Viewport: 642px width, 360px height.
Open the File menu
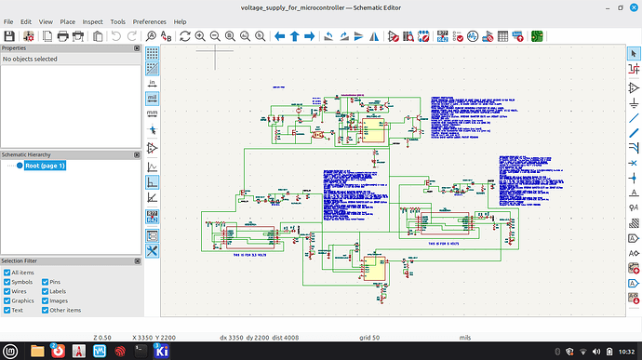tap(9, 20)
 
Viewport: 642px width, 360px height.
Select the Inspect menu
tap(92, 20)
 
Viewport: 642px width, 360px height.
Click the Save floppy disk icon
tap(9, 36)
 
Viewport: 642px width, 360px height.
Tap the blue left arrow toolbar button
tap(279, 36)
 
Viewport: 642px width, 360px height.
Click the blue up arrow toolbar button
tap(295, 36)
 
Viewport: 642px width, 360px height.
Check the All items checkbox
tap(7, 272)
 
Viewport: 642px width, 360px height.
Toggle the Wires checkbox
tap(7, 290)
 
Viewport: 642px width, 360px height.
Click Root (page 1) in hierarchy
tap(46, 166)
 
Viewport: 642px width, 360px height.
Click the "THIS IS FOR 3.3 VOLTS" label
tap(248, 253)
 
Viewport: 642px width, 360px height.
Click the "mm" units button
tap(153, 113)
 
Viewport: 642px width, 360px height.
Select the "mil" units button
tap(153, 97)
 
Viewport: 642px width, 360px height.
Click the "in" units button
tap(153, 82)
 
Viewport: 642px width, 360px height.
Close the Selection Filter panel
tap(137, 261)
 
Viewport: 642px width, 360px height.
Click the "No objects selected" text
tap(31, 59)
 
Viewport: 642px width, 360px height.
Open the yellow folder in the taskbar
tap(36, 351)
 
